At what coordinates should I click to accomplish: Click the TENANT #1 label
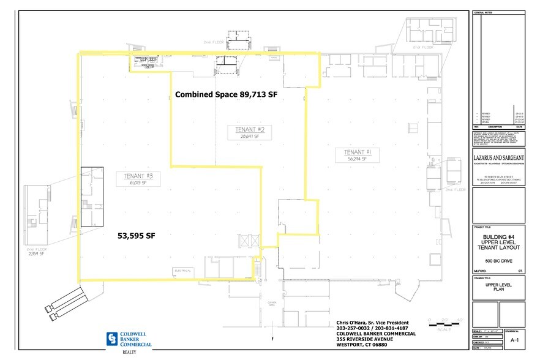(x=354, y=152)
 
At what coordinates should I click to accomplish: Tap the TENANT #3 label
(x=138, y=177)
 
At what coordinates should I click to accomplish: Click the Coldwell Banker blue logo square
(x=111, y=339)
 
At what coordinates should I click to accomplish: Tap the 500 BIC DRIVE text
(x=499, y=261)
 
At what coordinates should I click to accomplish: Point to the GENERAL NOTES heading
(x=484, y=13)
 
